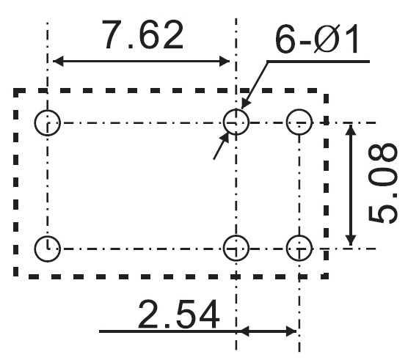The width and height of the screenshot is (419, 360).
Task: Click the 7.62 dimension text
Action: click(144, 34)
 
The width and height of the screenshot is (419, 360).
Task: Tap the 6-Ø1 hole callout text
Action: click(317, 39)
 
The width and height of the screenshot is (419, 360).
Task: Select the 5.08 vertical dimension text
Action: click(382, 183)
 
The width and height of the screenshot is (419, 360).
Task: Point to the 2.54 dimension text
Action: click(178, 314)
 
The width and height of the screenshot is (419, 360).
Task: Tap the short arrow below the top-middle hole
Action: click(222, 146)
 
